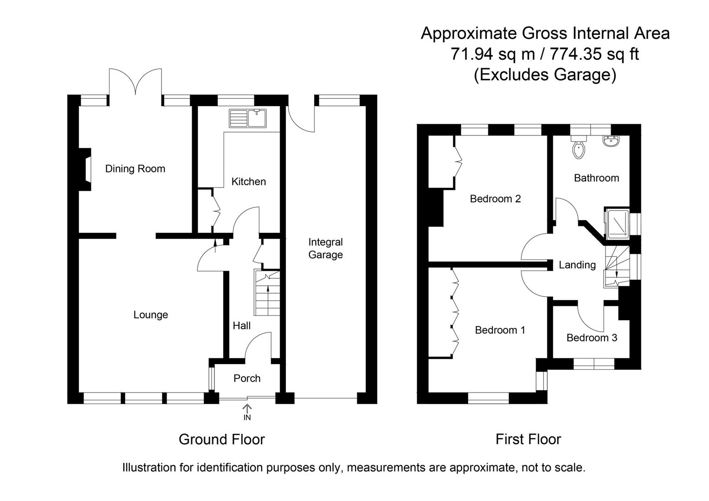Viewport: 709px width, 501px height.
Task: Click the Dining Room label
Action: [135, 169]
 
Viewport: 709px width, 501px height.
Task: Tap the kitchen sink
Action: [248, 118]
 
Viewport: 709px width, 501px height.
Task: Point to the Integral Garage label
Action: [325, 248]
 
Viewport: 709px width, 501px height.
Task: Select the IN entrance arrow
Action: [247, 411]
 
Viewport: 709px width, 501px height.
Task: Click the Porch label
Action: [247, 379]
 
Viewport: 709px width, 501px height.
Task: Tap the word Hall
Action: [241, 326]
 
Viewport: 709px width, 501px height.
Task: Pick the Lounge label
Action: [150, 315]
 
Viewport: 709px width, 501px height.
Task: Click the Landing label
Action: [577, 265]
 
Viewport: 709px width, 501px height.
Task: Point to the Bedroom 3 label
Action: [592, 338]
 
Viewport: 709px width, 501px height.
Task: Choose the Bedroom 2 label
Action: [495, 199]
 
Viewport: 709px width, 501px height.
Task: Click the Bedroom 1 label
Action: [500, 330]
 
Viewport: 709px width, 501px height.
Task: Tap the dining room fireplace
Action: [85, 169]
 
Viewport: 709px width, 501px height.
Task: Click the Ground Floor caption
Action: [221, 439]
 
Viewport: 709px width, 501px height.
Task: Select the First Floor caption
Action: [528, 439]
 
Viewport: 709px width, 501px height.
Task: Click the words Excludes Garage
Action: [545, 74]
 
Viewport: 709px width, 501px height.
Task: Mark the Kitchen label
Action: [249, 182]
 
